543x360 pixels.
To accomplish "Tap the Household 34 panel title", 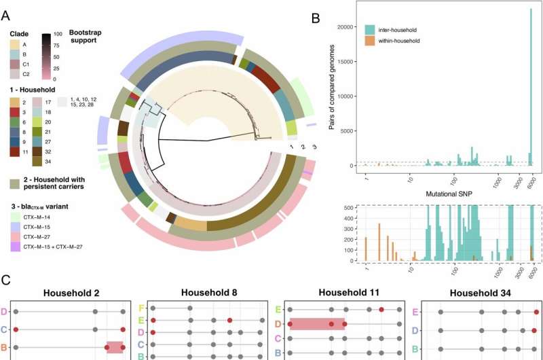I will [479, 292].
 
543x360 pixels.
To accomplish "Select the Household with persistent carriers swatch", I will [18, 183].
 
